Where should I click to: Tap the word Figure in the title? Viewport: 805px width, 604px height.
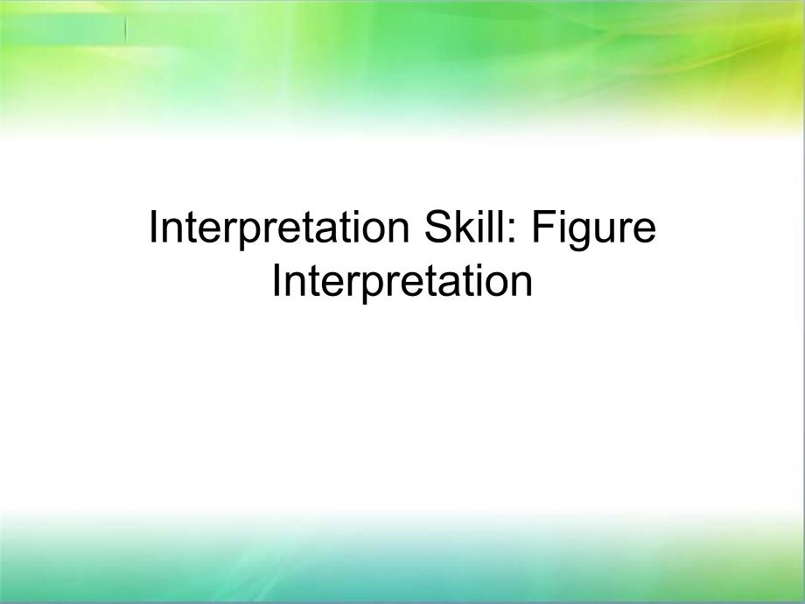click(x=594, y=230)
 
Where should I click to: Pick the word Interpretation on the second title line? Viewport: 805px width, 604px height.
click(x=402, y=283)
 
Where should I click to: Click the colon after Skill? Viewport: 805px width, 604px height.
click(x=516, y=231)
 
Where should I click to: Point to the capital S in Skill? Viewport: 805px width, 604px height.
click(x=437, y=227)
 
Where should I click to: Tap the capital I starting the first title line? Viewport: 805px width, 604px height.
click(x=152, y=227)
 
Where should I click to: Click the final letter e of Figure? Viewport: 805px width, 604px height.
click(x=645, y=231)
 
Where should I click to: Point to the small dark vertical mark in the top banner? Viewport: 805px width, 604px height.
click(x=126, y=29)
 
